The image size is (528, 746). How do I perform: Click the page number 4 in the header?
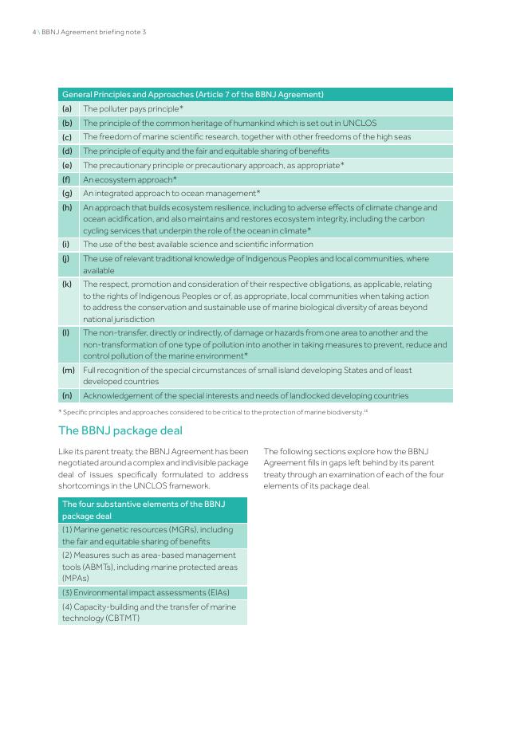coord(33,32)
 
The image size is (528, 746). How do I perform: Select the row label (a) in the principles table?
coord(67,108)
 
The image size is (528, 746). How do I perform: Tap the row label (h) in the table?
coord(67,207)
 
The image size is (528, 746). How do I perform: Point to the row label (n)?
coord(67,395)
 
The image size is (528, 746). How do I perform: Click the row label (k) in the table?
coord(67,284)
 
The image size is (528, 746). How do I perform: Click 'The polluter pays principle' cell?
coord(133,108)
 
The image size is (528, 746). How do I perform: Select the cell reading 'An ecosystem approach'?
coord(130,179)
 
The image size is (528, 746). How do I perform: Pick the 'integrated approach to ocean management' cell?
coord(171,193)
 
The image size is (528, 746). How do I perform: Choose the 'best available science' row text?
coord(198,245)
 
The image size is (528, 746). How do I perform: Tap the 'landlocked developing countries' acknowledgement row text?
coord(246,395)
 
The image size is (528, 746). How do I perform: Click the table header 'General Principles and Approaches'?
coord(192,94)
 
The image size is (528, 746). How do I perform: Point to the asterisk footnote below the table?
coord(213,412)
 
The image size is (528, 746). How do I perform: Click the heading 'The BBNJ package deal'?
coord(120,430)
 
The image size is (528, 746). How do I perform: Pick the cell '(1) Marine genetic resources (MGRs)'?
coord(148,535)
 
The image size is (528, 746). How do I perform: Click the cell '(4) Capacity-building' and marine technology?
coord(149,612)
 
